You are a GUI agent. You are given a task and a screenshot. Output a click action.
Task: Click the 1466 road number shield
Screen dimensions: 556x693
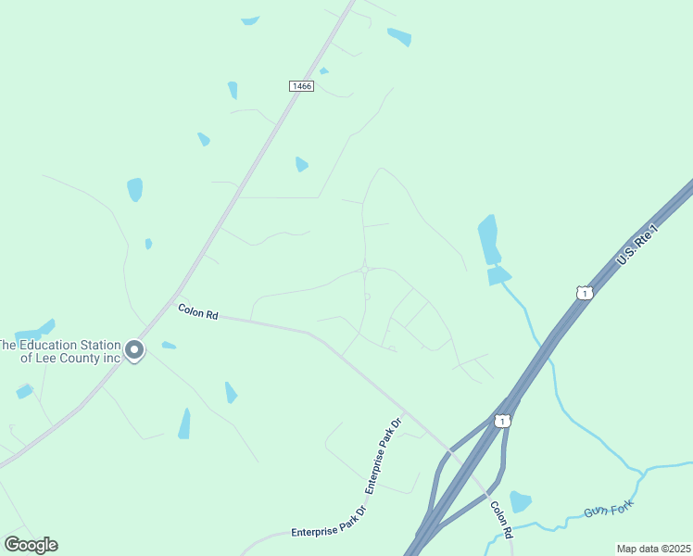(301, 86)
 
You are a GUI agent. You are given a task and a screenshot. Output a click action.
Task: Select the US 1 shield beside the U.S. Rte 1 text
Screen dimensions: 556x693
(584, 293)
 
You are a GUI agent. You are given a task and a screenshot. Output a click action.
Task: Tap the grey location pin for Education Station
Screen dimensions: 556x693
(134, 350)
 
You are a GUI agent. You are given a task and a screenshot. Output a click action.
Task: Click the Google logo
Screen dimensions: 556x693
(31, 545)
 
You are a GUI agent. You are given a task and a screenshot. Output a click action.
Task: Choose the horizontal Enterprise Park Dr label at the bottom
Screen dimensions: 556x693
(329, 531)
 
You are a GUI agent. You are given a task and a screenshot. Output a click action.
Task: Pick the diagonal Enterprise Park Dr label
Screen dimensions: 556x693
(383, 458)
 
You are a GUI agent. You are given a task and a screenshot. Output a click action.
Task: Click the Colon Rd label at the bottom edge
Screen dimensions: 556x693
(501, 521)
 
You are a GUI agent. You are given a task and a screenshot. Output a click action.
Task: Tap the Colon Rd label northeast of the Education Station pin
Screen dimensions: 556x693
(197, 312)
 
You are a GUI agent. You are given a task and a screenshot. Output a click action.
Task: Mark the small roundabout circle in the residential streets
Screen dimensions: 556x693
(365, 270)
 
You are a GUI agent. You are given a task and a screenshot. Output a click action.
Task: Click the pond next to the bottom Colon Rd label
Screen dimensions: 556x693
(521, 501)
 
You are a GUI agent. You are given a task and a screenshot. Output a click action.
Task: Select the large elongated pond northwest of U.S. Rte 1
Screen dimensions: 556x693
(488, 239)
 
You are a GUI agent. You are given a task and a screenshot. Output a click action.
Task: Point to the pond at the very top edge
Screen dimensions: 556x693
(250, 20)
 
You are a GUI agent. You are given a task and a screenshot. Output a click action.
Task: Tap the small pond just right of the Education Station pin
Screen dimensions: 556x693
(169, 346)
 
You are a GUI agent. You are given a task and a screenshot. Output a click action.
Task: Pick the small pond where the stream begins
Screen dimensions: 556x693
(498, 275)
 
